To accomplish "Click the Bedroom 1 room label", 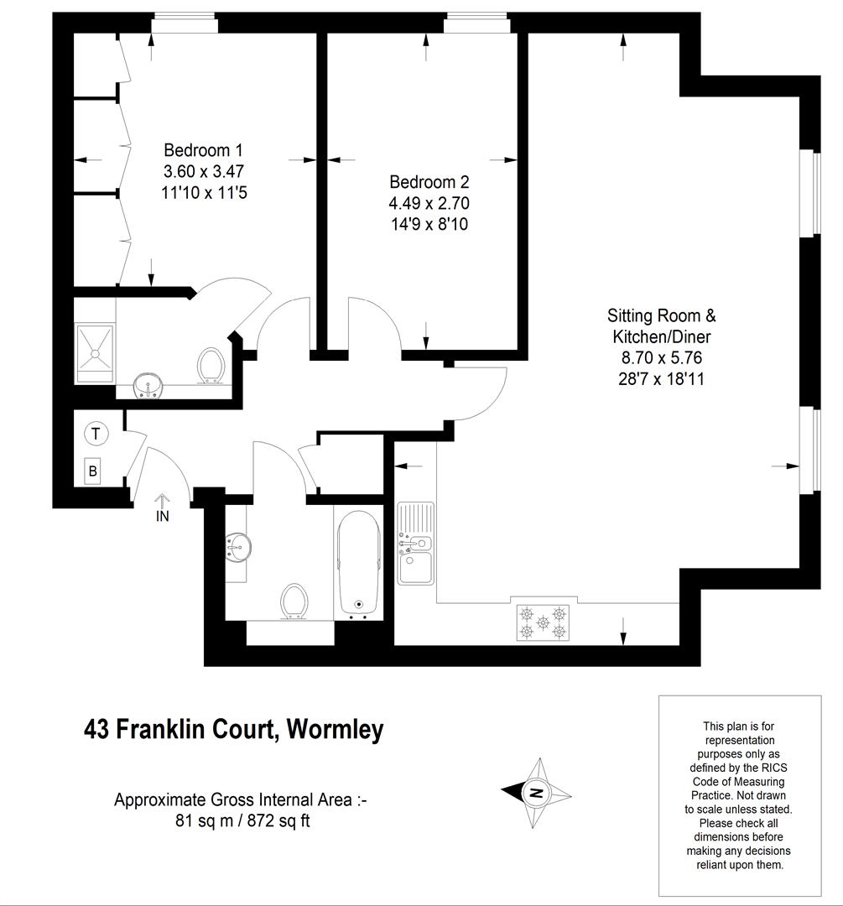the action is pyautogui.click(x=203, y=150).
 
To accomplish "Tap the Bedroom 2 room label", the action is pyautogui.click(x=429, y=182).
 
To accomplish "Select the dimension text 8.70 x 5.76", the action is pyautogui.click(x=662, y=357).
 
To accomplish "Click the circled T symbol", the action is pyautogui.click(x=96, y=434).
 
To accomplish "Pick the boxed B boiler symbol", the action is pyautogui.click(x=92, y=471).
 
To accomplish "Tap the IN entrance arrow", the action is pyautogui.click(x=163, y=508).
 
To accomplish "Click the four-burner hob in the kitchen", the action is pyautogui.click(x=543, y=622).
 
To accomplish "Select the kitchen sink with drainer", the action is pyautogui.click(x=415, y=543).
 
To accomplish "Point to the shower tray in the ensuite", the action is pyautogui.click(x=96, y=354).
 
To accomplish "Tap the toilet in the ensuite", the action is pyautogui.click(x=211, y=365).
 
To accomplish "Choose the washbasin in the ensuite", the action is pyautogui.click(x=149, y=385).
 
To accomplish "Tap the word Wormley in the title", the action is pyautogui.click(x=336, y=729).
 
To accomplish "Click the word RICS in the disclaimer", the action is pyautogui.click(x=772, y=768).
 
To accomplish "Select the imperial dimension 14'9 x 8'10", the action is pyautogui.click(x=429, y=224).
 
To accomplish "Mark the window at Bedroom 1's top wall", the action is pyautogui.click(x=185, y=25).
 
